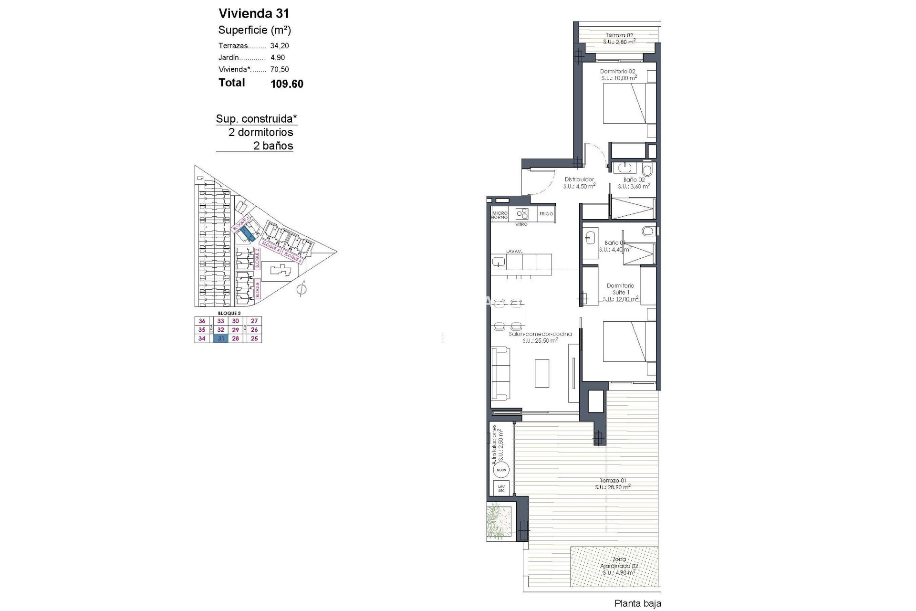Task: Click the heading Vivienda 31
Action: tap(254, 13)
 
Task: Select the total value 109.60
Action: tap(287, 84)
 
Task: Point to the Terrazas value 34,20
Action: tap(280, 46)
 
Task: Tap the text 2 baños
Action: tap(273, 146)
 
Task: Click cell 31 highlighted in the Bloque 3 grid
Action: tap(221, 338)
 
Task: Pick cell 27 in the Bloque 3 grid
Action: tap(254, 321)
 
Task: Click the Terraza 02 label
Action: tap(619, 35)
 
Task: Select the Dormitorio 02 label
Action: tap(618, 71)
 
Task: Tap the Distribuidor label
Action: tap(579, 179)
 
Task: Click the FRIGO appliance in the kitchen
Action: tap(546, 214)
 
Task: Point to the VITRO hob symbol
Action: tap(522, 213)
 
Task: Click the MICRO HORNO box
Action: tap(500, 215)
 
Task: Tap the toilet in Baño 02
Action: tap(647, 170)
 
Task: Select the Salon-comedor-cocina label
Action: tap(540, 334)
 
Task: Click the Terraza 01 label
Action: tap(613, 481)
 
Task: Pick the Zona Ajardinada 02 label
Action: tap(619, 566)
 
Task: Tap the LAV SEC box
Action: tap(501, 488)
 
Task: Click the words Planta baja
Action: tap(637, 603)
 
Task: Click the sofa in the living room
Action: tap(500, 373)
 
